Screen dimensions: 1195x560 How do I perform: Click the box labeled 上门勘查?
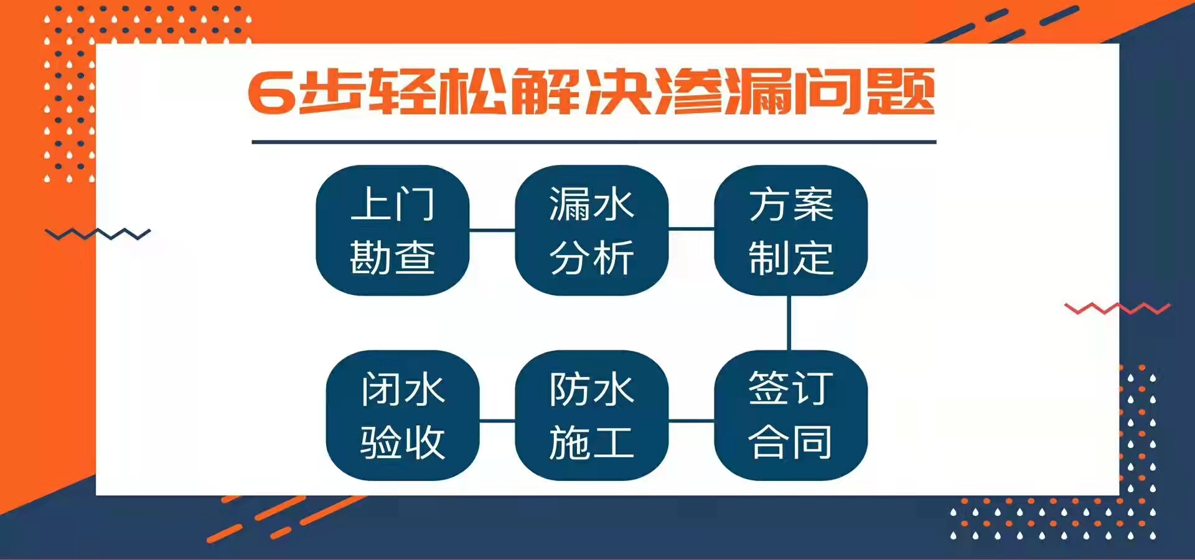tap(393, 230)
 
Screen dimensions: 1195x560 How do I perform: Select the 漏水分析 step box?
tap(591, 230)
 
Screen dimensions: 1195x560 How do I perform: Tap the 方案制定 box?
tap(790, 230)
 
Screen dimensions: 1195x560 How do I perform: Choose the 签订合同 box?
tap(790, 415)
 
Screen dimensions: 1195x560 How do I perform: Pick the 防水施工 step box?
tap(591, 415)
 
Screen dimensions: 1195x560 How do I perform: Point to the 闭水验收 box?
tap(403, 415)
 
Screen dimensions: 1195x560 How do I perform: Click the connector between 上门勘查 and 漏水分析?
tap(492, 230)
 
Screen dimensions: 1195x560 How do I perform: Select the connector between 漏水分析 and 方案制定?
tap(691, 229)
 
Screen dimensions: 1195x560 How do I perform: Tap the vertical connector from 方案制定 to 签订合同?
tap(789, 323)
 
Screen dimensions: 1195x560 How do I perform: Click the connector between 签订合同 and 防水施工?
tap(691, 421)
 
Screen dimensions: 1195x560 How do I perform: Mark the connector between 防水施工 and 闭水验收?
tap(497, 421)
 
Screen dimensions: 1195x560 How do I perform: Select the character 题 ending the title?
tap(901, 91)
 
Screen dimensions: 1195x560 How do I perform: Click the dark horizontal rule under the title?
tap(594, 142)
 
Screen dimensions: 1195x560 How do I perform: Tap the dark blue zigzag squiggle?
tap(98, 235)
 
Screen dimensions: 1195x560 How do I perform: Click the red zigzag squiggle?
tap(1117, 308)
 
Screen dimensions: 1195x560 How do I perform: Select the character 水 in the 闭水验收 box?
tap(425, 390)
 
